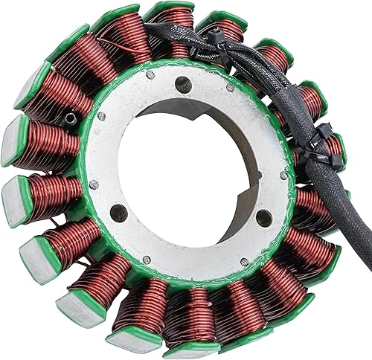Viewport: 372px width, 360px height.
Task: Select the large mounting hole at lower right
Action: coord(262,217)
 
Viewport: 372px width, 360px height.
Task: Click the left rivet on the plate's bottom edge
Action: coord(147,260)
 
